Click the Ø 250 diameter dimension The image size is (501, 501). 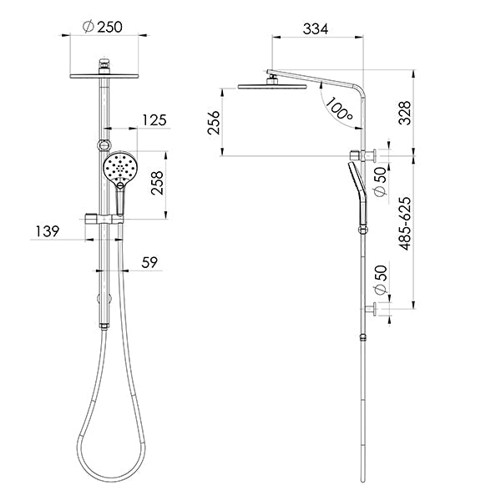[x=103, y=27]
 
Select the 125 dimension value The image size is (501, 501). [x=153, y=120]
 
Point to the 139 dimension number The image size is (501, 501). [x=47, y=231]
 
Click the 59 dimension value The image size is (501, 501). [x=149, y=262]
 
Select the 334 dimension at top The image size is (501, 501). [x=314, y=29]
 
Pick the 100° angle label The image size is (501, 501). [x=338, y=109]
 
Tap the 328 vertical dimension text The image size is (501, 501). [x=406, y=113]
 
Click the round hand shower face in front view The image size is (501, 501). [x=120, y=167]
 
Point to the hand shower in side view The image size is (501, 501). [x=358, y=192]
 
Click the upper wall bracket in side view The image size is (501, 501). [x=367, y=154]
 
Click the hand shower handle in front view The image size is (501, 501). [x=119, y=200]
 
